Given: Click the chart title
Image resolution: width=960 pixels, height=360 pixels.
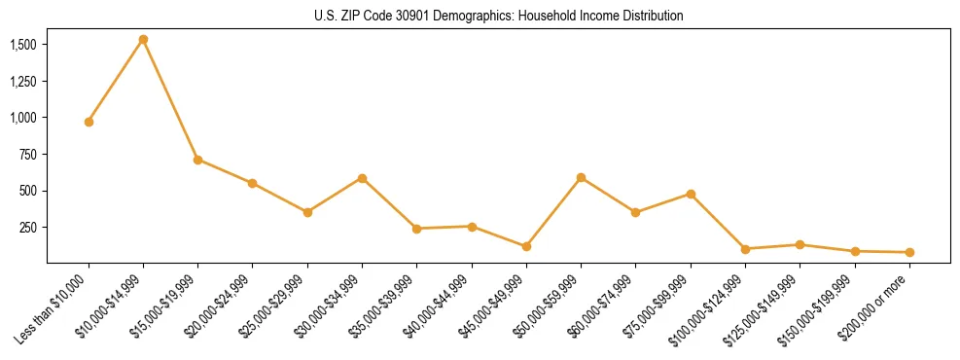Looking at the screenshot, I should pyautogui.click(x=498, y=17).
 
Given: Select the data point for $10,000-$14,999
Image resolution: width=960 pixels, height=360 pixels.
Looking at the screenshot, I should pyautogui.click(x=143, y=40).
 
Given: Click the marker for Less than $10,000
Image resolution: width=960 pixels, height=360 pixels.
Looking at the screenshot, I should pyautogui.click(x=89, y=122).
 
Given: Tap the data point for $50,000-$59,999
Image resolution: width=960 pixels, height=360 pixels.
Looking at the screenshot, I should pyautogui.click(x=581, y=178).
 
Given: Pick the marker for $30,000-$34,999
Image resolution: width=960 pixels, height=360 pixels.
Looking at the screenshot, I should pyautogui.click(x=362, y=178).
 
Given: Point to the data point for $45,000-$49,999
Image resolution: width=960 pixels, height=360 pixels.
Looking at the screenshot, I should pyautogui.click(x=526, y=246).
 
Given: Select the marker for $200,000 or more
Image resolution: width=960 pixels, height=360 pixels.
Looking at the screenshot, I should pyautogui.click(x=909, y=252).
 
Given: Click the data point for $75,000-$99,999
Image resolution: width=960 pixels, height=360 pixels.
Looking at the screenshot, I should pyautogui.click(x=691, y=194).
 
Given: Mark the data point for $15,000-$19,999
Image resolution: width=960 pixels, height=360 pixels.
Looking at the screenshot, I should pyautogui.click(x=198, y=160).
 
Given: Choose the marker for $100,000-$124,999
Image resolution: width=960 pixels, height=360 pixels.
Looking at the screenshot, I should pyautogui.click(x=745, y=249).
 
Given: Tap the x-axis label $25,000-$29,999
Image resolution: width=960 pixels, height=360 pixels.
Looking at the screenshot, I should pyautogui.click(x=273, y=307).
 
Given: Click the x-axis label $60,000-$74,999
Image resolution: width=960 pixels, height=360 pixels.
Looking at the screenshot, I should pyautogui.click(x=601, y=307).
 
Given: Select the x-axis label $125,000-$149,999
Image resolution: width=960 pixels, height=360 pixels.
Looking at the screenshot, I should pyautogui.click(x=762, y=310).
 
